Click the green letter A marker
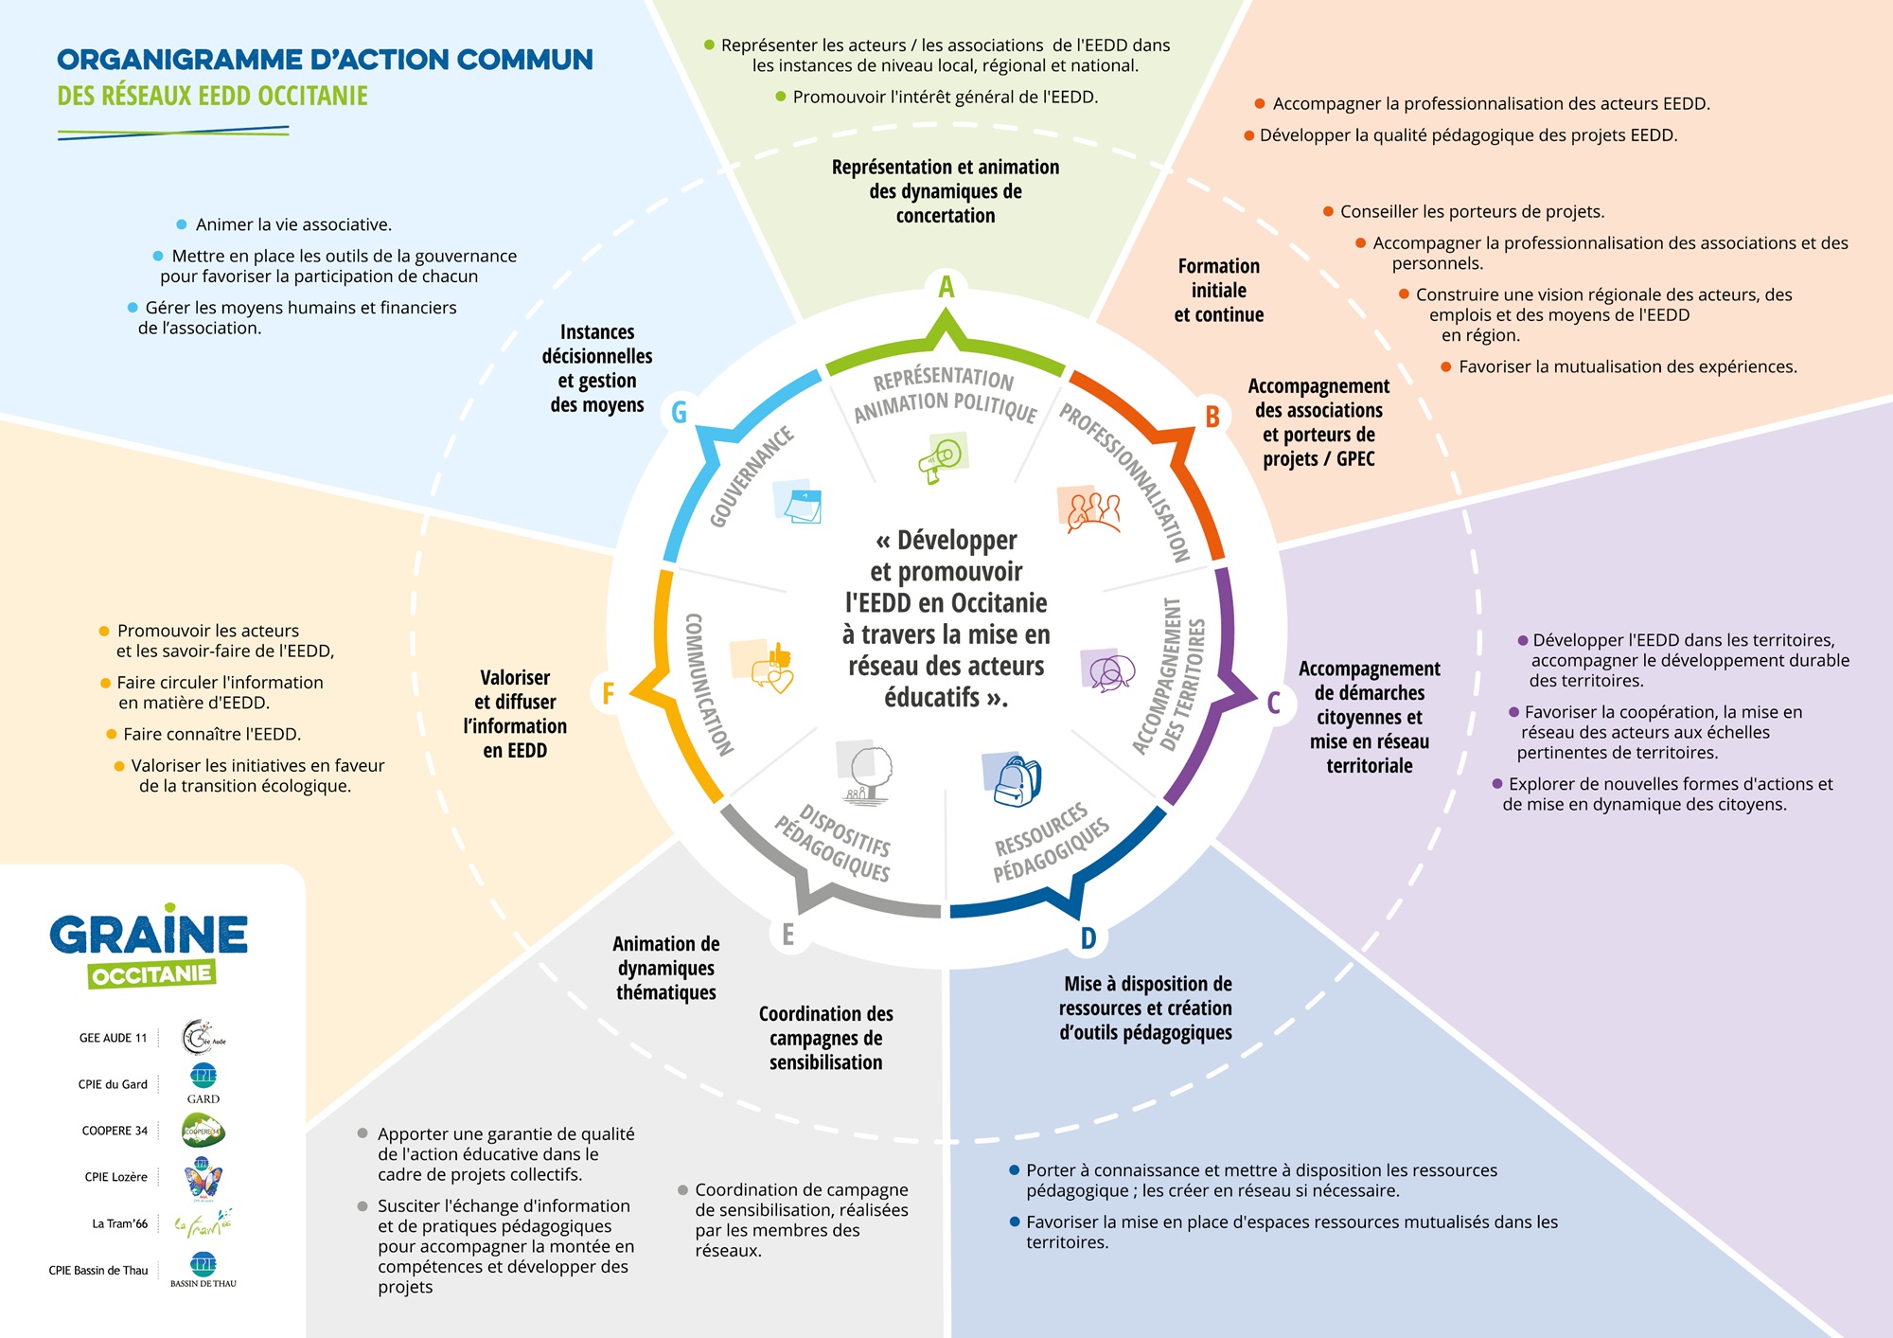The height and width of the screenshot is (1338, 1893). (946, 286)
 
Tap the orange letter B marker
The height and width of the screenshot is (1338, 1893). (1212, 417)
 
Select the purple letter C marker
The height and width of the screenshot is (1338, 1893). (1274, 703)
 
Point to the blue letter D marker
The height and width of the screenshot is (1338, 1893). (1088, 938)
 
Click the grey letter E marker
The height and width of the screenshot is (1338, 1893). (787, 935)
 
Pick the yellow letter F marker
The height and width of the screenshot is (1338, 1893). (608, 693)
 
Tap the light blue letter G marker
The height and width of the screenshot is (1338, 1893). (679, 412)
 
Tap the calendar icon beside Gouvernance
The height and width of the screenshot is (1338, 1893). (800, 503)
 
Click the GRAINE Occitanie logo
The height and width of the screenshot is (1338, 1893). (149, 946)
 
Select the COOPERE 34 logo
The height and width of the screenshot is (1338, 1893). (203, 1131)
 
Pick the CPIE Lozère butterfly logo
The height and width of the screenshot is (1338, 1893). (203, 1178)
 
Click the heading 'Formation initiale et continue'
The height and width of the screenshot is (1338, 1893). (1218, 291)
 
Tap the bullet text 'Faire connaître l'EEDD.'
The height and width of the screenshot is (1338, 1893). (211, 734)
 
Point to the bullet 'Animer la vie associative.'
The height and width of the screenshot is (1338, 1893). (293, 224)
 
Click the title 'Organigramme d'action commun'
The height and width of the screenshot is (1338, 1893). (325, 60)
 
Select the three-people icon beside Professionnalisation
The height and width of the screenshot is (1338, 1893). (1091, 512)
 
